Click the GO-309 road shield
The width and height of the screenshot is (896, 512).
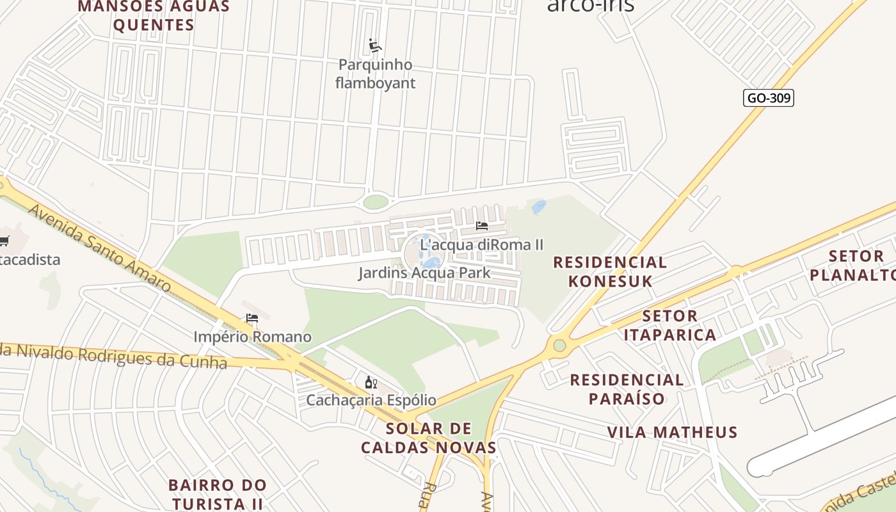click(x=768, y=98)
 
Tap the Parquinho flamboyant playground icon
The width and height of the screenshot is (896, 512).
click(x=375, y=46)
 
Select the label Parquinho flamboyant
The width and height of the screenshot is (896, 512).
click(x=375, y=74)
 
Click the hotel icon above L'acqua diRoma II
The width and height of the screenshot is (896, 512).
click(x=482, y=226)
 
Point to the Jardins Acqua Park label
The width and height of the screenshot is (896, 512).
click(x=424, y=273)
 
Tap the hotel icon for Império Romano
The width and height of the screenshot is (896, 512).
click(x=252, y=318)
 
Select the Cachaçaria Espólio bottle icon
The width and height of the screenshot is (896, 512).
click(x=371, y=382)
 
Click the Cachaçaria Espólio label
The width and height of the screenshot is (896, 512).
click(x=371, y=401)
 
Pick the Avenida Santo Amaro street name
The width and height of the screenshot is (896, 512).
click(x=99, y=248)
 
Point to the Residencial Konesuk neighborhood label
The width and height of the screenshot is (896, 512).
click(x=610, y=271)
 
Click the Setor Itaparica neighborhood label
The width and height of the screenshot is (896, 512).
click(x=669, y=325)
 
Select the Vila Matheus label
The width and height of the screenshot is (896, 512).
click(x=672, y=432)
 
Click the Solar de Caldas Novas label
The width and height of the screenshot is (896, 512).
click(x=429, y=438)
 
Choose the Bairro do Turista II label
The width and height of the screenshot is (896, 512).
click(x=218, y=493)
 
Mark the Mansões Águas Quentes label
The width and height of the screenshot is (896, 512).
click(x=154, y=16)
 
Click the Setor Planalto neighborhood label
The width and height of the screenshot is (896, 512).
click(x=854, y=266)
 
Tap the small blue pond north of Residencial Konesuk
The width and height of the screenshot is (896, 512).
click(x=539, y=206)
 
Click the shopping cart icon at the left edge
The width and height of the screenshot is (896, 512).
click(x=4, y=241)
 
